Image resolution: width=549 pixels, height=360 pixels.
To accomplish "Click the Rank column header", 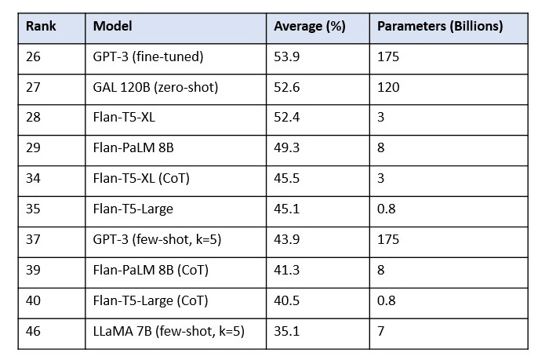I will click(40, 26).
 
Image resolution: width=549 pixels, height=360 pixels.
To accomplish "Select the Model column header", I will click(112, 26).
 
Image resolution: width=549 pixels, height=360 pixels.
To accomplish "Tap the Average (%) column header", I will click(309, 26).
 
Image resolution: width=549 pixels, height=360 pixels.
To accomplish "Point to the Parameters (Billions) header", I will click(439, 26).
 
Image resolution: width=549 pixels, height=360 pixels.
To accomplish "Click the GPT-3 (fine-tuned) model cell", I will click(147, 56).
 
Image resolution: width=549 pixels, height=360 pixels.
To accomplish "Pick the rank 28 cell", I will click(34, 118).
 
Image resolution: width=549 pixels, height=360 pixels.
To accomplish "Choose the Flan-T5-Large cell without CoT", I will click(133, 209).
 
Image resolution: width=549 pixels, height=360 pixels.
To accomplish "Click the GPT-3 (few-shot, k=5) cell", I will click(157, 240).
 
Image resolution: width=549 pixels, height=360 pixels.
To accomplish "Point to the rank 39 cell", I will click(34, 271).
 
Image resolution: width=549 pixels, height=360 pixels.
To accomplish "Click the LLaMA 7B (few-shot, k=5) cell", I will click(169, 332).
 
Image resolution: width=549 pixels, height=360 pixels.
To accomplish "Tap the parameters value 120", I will click(388, 87).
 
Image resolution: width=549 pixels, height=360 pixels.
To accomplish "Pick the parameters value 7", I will click(381, 332).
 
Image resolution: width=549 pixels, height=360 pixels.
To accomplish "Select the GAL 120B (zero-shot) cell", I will click(155, 87).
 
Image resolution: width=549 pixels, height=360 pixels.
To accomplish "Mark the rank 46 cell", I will click(34, 332).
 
